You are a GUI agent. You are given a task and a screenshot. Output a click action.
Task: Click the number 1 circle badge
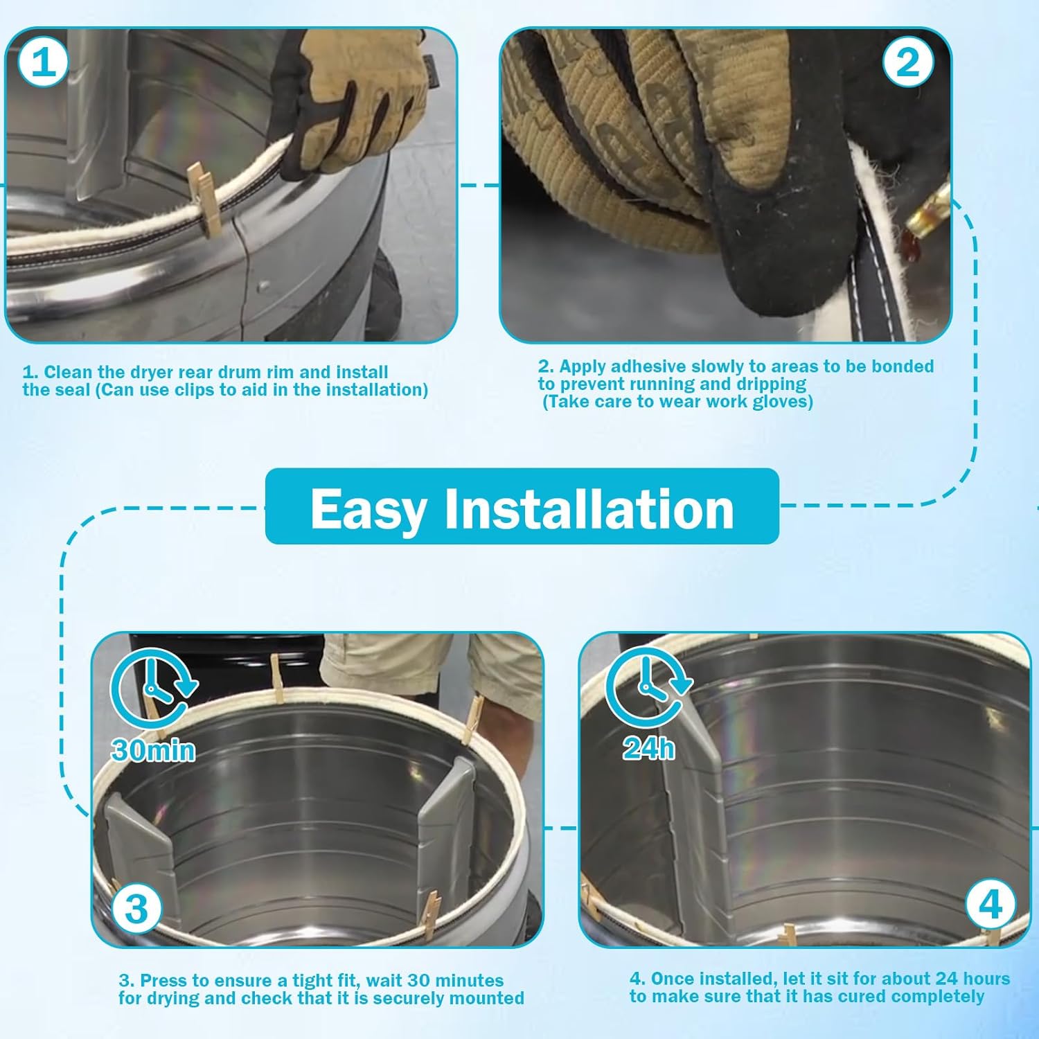(43, 62)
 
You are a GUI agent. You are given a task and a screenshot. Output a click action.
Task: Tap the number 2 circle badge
(907, 62)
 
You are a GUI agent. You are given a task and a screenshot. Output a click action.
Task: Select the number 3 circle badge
(136, 908)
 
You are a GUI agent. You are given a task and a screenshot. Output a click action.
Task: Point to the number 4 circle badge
(991, 904)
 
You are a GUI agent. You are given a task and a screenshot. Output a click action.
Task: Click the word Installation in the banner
(589, 508)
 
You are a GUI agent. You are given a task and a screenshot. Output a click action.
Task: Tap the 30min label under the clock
(153, 750)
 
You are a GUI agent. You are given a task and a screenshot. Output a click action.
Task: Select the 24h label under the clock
(648, 748)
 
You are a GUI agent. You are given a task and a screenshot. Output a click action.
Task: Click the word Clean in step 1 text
(68, 372)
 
